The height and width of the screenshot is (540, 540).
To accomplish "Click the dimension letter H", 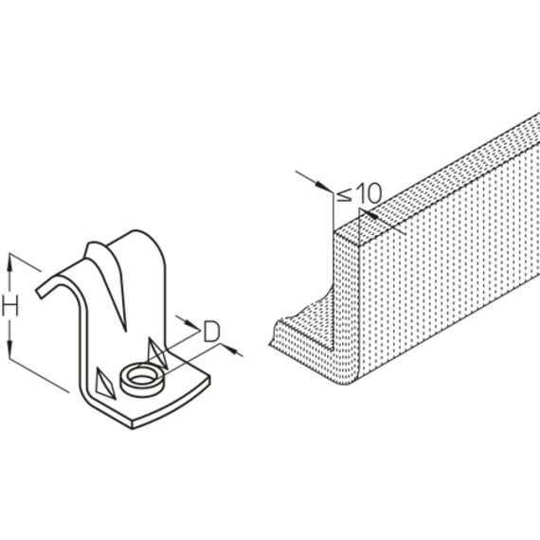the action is point(10,306).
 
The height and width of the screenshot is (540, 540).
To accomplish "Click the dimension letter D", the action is point(211,331).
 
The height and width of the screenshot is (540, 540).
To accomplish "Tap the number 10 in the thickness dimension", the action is point(369,193).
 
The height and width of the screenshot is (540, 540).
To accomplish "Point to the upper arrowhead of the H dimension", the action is point(10,261).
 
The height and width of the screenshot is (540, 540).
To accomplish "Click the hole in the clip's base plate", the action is point(142,379).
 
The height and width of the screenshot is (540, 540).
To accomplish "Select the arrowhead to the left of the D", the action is point(192,325).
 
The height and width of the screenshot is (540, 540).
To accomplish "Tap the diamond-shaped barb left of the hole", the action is point(104,384).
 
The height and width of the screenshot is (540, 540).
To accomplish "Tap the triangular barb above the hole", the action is point(156,353).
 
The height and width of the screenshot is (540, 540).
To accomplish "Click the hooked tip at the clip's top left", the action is point(40,293).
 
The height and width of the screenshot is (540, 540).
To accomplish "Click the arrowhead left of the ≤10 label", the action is point(325,187).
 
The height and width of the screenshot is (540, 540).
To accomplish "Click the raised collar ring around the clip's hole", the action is point(142,390).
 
